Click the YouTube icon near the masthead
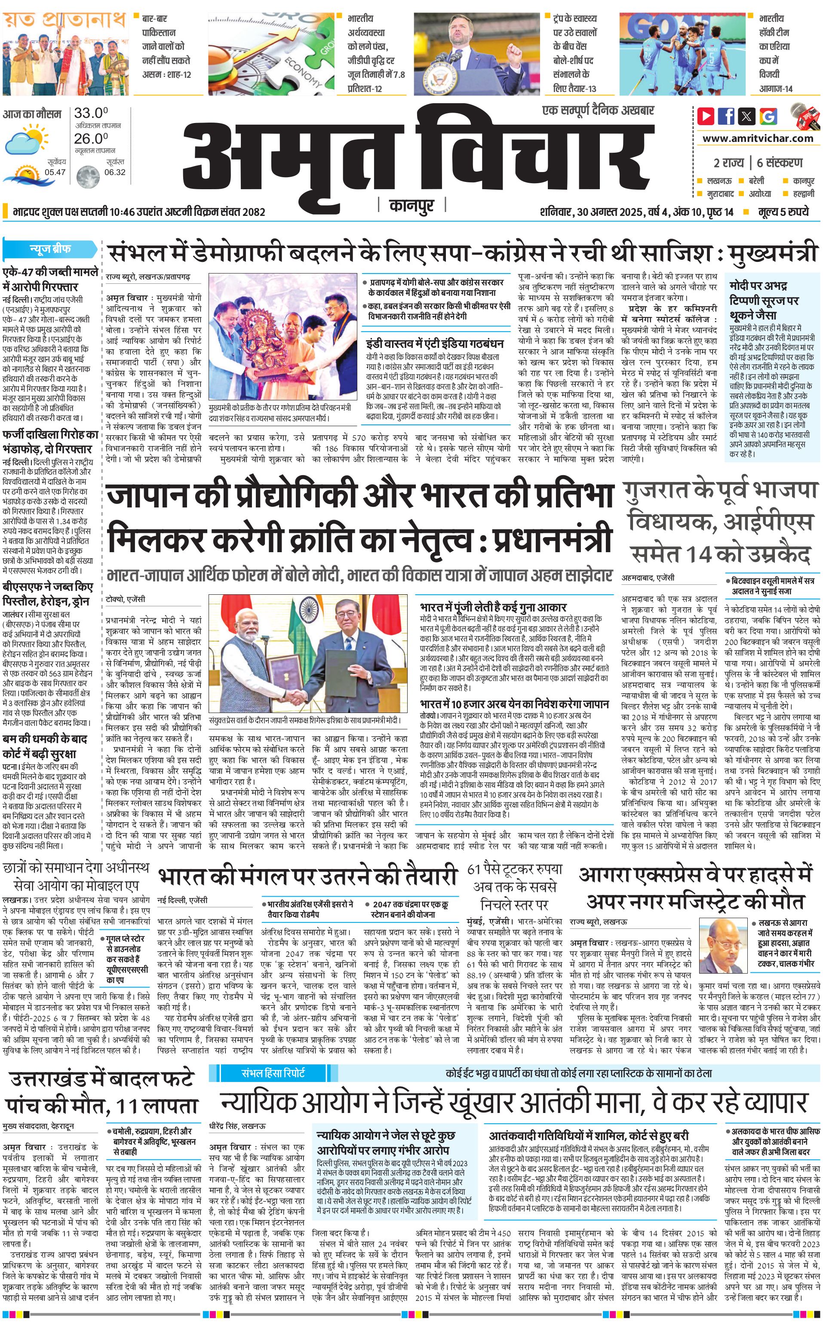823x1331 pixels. point(706,115)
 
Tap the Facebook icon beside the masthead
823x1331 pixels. point(726,115)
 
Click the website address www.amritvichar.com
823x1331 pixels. point(758,138)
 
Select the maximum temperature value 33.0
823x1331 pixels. point(91,113)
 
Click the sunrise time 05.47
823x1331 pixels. point(55,172)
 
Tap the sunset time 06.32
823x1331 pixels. point(115,172)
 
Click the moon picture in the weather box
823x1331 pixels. point(87,176)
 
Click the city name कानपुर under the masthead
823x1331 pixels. point(411,205)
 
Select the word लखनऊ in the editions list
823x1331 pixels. point(719,181)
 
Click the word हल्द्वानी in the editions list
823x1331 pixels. point(803,193)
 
